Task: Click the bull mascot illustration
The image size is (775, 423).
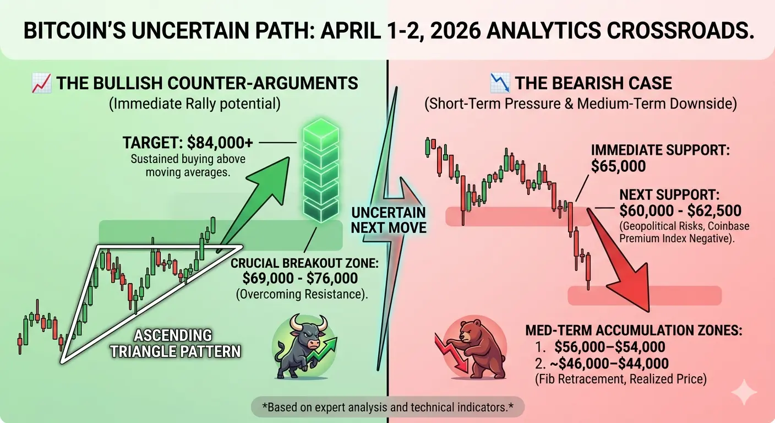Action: [304, 346]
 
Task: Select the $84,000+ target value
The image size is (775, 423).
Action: [220, 143]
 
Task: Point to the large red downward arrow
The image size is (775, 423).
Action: [619, 259]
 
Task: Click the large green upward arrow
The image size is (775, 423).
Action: [254, 204]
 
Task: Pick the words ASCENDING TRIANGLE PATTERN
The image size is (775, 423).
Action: [175, 343]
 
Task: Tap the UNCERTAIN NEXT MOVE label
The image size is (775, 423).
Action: [389, 220]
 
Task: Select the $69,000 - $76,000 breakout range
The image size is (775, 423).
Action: [301, 278]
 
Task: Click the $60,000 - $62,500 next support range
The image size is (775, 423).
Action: [680, 211]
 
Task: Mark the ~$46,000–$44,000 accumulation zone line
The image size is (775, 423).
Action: [601, 364]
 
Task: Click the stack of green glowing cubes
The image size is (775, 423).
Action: [321, 170]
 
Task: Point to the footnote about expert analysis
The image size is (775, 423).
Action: [388, 407]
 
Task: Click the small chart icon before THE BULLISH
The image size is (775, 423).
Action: [41, 83]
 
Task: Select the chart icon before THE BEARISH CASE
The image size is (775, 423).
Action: [500, 83]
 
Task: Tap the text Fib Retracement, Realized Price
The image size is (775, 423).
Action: [621, 379]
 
